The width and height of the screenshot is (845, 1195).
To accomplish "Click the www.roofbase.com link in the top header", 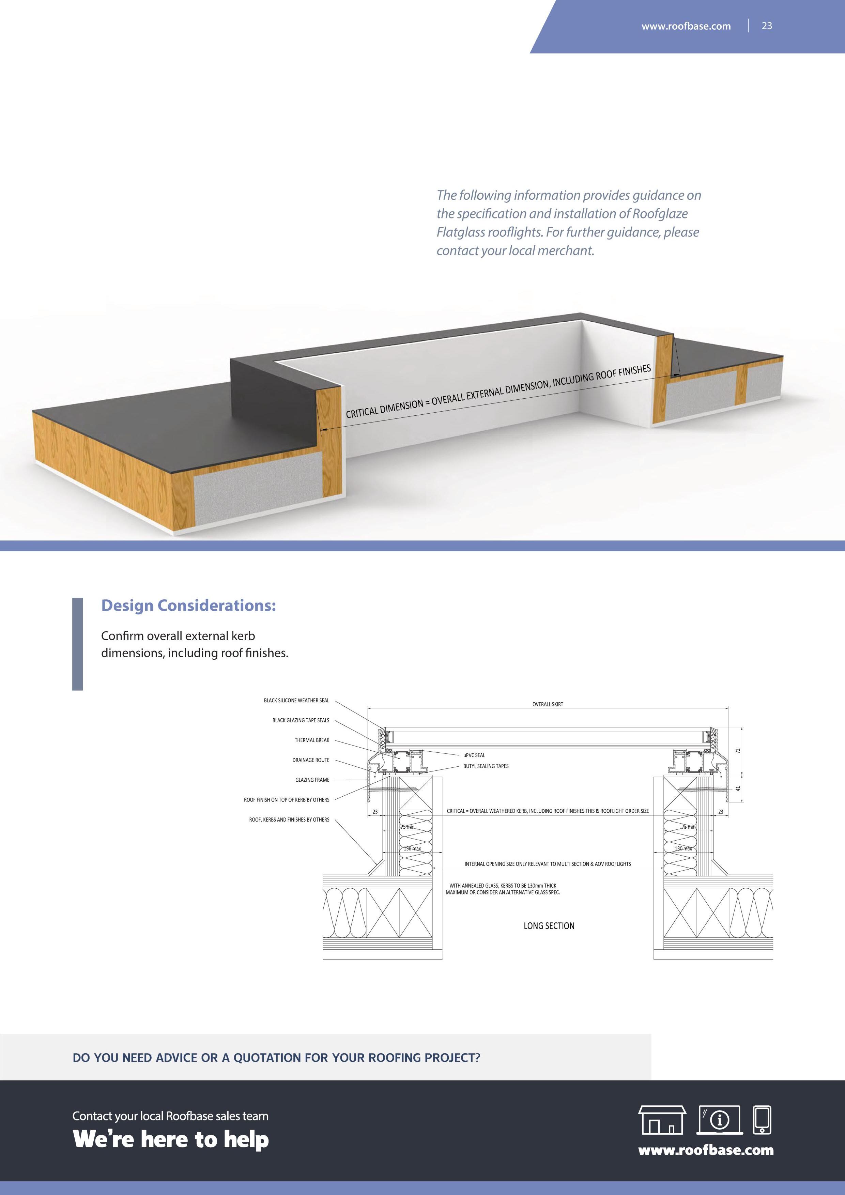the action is (686, 26).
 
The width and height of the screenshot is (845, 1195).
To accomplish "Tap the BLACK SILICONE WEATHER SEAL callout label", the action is (296, 701).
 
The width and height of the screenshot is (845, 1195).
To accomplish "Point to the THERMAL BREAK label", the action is (312, 740).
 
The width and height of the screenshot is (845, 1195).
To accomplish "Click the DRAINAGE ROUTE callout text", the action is (311, 760).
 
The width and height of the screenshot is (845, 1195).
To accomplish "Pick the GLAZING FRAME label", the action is (312, 780).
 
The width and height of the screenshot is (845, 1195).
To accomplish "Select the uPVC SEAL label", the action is (474, 755).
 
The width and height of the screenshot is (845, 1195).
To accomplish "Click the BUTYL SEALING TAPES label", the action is (486, 766).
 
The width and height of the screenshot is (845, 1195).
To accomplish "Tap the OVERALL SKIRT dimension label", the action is (548, 704).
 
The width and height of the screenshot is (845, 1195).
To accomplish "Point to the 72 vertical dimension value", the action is (737, 751).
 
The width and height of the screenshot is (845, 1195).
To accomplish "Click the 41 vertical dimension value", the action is (737, 788).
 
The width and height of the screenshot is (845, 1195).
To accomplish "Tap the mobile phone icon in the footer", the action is (762, 1120).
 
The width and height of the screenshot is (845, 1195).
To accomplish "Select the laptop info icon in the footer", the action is (720, 1120).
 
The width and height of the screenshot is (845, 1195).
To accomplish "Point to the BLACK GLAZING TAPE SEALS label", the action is (301, 720).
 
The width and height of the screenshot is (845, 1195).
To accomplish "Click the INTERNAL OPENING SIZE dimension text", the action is (548, 864).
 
